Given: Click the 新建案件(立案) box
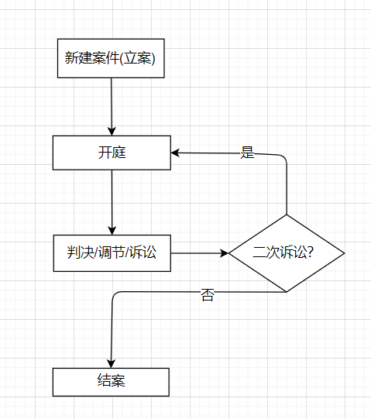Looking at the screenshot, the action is (111, 58).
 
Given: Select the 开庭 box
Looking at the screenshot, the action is (112, 153).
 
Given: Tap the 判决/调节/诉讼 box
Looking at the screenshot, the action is (112, 253).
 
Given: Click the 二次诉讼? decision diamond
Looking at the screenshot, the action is (287, 253).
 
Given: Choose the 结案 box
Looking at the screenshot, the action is (111, 382).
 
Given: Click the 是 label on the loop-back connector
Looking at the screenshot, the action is (247, 153).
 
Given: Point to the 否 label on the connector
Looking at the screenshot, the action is (208, 295).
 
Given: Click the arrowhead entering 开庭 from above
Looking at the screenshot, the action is (112, 132).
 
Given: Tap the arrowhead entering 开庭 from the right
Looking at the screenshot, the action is (175, 153).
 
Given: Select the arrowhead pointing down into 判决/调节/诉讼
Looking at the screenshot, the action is (112, 231).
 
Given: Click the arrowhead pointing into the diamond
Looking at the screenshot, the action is (225, 253).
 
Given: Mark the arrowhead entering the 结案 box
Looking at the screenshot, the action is (111, 364).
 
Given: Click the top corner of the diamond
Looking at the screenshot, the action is (287, 215).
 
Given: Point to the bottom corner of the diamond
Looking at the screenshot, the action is (287, 292).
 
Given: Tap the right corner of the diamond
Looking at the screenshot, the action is (344, 253).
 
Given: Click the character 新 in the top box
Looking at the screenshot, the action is (71, 58).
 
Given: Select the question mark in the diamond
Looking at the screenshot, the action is (310, 252).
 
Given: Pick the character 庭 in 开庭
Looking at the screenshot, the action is (119, 153).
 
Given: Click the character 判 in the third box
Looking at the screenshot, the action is (74, 252).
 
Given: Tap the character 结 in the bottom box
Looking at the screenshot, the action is (105, 380).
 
